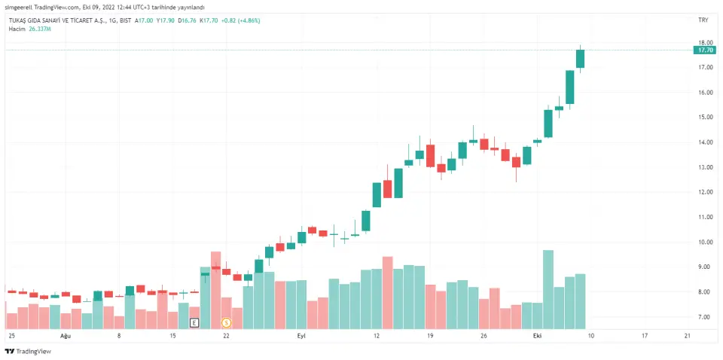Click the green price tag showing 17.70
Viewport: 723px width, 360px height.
point(705,50)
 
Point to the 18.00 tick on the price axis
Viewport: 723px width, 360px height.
point(705,43)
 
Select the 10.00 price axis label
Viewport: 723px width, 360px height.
point(705,243)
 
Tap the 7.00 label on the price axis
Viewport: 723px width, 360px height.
point(705,317)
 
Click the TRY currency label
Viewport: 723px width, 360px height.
point(703,20)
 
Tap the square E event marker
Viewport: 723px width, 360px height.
point(194,322)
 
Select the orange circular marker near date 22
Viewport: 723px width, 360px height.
point(226,322)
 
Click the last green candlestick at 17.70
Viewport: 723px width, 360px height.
point(581,59)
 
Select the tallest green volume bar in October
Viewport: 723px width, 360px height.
point(548,290)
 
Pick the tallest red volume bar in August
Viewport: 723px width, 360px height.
point(216,290)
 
